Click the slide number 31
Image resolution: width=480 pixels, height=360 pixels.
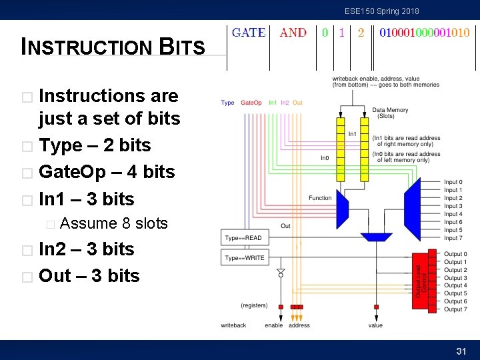(460, 351)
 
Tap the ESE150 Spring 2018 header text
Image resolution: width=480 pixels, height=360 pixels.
(381, 11)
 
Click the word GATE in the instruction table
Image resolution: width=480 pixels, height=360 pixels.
(249, 33)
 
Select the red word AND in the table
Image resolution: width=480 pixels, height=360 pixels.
(293, 33)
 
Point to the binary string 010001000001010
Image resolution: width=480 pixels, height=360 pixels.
(424, 33)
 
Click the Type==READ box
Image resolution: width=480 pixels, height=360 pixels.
(243, 238)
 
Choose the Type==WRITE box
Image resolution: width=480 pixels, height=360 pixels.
(245, 257)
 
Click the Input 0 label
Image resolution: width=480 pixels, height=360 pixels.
(453, 182)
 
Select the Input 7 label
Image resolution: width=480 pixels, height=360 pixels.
(453, 238)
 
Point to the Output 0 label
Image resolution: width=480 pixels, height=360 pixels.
(455, 254)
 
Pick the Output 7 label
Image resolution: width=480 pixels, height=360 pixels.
(455, 309)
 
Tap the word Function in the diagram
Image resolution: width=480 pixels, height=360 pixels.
(320, 198)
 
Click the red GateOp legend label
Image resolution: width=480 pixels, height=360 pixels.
(251, 103)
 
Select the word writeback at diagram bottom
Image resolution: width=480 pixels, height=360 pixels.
(233, 325)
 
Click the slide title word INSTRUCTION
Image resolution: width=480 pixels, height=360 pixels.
(87, 47)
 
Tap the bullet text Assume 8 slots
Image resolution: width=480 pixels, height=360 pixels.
(113, 223)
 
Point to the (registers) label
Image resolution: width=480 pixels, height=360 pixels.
(254, 305)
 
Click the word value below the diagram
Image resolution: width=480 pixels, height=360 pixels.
(375, 325)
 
